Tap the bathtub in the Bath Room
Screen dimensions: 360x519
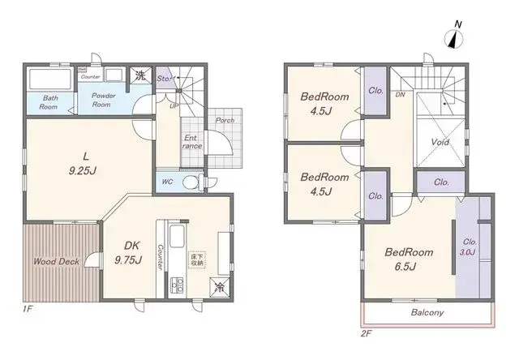pos(50,81)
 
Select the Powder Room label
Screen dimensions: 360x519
pos(101,99)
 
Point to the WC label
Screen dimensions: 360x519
pos(167,182)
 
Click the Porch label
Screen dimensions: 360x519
pos(225,121)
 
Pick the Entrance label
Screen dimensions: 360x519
pos(191,142)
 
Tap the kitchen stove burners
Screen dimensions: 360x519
pos(175,285)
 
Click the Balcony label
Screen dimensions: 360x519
pos(427,312)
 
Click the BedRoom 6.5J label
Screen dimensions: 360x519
pos(409,259)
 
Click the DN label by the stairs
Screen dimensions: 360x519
pos(401,95)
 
